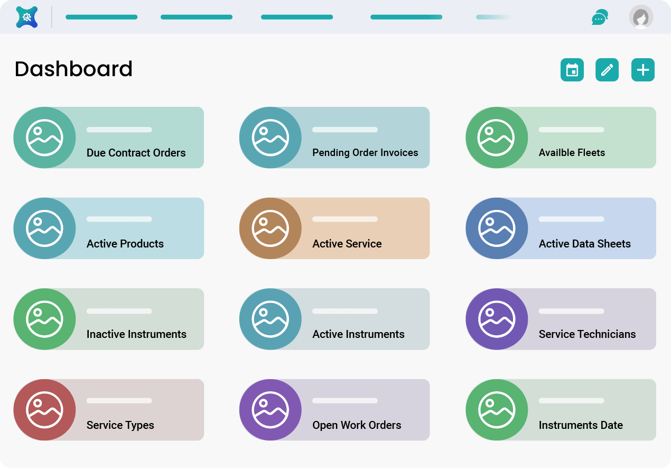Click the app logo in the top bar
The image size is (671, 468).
(x=27, y=17)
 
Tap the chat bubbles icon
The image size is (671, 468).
(x=600, y=17)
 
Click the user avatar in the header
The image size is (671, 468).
(x=641, y=17)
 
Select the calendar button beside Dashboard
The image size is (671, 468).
(x=572, y=70)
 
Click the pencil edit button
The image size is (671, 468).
(x=607, y=70)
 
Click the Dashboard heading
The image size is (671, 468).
(x=73, y=69)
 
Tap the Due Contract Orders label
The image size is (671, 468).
(x=136, y=153)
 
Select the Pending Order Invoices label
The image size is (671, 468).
(x=365, y=153)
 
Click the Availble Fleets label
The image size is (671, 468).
(x=572, y=153)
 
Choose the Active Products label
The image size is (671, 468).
(x=125, y=244)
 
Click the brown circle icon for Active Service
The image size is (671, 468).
(x=270, y=228)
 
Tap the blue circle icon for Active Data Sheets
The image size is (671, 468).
(x=496, y=228)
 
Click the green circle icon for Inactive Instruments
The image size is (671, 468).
(x=44, y=319)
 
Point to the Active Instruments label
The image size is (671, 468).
(x=358, y=334)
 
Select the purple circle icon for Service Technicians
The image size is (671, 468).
(x=496, y=319)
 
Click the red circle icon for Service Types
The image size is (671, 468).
(x=44, y=410)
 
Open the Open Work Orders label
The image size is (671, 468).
(x=357, y=425)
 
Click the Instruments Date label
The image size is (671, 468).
(x=581, y=425)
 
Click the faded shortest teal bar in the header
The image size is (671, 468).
(x=495, y=17)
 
